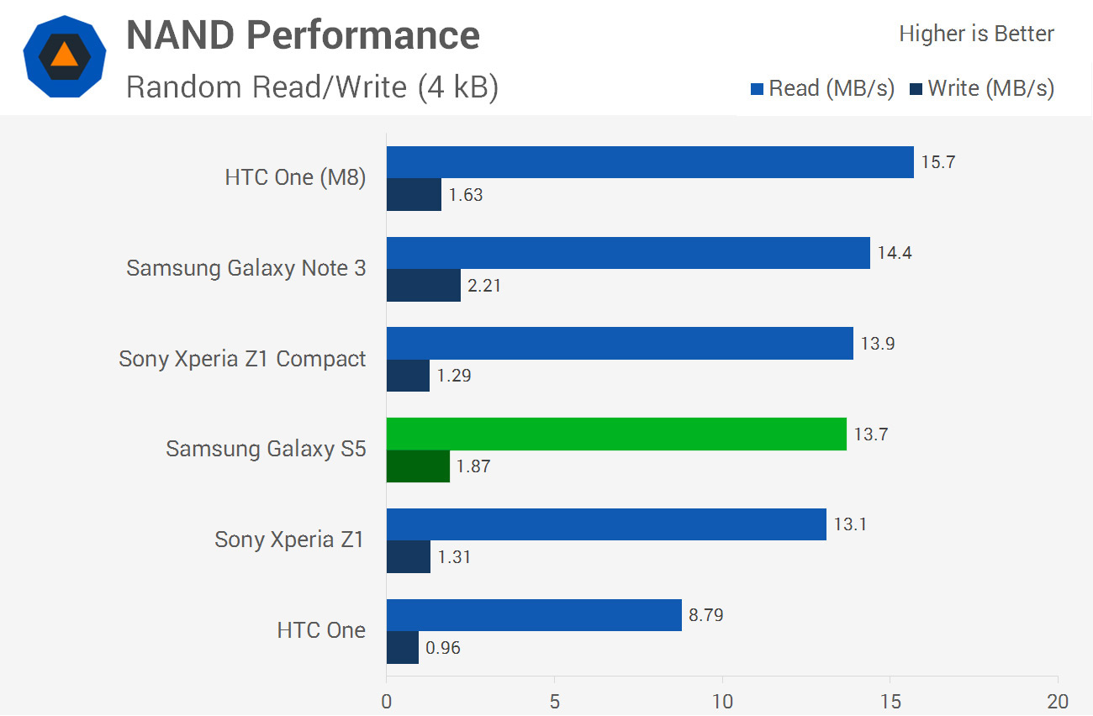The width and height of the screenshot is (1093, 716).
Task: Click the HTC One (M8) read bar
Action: [x=650, y=162]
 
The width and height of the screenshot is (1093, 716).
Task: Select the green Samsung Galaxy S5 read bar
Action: [x=616, y=434]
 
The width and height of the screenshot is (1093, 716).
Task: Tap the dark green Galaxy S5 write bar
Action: [x=418, y=466]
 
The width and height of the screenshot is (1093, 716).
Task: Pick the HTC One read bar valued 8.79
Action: [x=534, y=615]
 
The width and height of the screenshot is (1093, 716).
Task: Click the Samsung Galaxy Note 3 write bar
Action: [x=424, y=285]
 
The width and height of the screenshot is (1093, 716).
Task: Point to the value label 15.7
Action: [x=938, y=162]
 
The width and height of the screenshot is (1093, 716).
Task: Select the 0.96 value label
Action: [x=443, y=648]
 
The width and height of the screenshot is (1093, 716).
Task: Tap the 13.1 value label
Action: [x=851, y=525]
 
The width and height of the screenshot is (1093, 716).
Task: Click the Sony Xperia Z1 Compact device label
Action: [x=242, y=359]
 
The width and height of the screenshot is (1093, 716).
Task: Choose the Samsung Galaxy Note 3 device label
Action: [x=246, y=268]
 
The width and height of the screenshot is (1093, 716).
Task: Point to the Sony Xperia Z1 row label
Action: [x=289, y=540]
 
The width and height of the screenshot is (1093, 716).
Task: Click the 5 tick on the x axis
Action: [x=554, y=702]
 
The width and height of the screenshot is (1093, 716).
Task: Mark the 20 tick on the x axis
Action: [x=1057, y=702]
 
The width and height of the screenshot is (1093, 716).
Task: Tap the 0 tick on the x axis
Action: [x=387, y=702]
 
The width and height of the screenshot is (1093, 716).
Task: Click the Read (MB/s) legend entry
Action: [x=822, y=88]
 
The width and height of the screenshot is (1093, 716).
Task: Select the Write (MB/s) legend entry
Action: [x=981, y=88]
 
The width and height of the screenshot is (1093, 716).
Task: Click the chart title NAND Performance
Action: [x=303, y=35]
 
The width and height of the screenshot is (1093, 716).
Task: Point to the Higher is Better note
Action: [x=976, y=34]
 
